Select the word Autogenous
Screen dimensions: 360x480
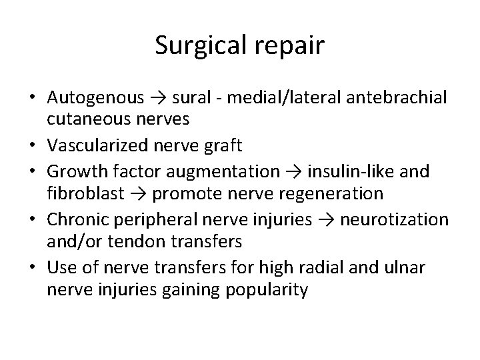point(95,98)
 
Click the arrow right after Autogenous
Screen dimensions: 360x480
point(158,99)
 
